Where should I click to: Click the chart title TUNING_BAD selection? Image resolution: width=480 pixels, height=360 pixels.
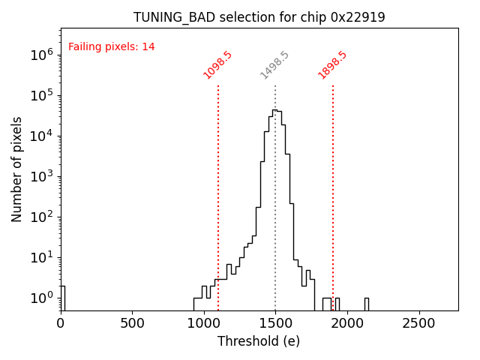(x=259, y=17)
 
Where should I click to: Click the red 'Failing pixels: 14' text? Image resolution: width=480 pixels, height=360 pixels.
(x=112, y=47)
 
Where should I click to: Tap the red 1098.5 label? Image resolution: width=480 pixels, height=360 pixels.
(x=218, y=65)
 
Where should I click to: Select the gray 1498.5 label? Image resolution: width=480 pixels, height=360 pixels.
(x=275, y=65)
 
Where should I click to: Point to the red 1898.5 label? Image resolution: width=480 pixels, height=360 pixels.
(x=333, y=65)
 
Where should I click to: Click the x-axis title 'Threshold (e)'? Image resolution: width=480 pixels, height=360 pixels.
(x=259, y=341)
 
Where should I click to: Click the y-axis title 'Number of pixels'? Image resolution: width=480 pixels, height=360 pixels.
(x=17, y=169)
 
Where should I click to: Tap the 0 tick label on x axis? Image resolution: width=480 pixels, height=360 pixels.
(x=61, y=324)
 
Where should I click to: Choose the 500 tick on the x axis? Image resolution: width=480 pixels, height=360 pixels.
(x=132, y=324)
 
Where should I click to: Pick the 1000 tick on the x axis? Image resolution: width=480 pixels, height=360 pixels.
(x=204, y=324)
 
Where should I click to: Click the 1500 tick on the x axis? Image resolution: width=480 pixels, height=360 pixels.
(x=275, y=324)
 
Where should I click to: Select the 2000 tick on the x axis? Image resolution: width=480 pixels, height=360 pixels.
(x=347, y=324)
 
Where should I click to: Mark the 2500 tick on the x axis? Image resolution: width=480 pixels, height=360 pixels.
(x=418, y=324)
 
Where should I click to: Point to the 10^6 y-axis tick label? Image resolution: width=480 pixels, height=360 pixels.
(x=41, y=55)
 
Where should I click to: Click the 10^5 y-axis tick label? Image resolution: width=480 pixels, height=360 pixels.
(x=41, y=95)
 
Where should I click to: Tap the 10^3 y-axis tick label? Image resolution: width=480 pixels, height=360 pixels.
(x=41, y=176)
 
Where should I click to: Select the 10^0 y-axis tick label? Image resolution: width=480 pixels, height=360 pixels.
(x=41, y=298)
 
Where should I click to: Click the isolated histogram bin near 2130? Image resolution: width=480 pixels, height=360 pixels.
(x=366, y=304)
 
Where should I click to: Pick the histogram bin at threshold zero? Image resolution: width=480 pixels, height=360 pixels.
(x=62, y=298)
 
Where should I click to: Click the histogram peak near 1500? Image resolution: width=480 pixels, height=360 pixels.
(x=274, y=111)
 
